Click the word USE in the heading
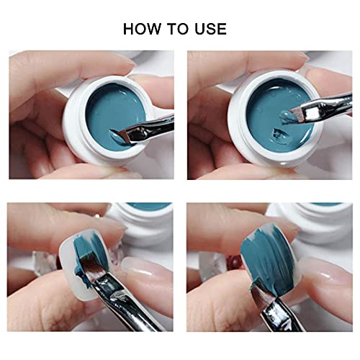(x=210, y=29)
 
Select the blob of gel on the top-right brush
(x=286, y=117)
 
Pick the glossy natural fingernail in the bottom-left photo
(x=144, y=272)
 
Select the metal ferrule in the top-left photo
(x=149, y=128)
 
